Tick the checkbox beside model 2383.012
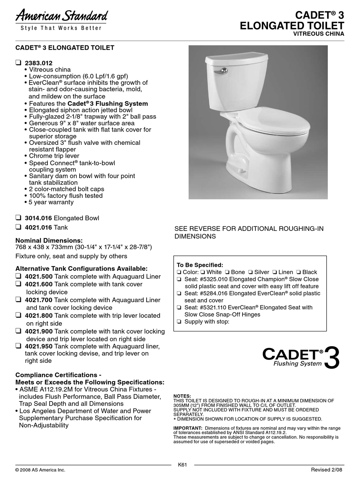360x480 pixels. coord(18,63)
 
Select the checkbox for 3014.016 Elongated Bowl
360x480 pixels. coord(18,218)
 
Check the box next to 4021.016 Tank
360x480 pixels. coord(18,227)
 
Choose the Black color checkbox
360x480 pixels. coord(299,272)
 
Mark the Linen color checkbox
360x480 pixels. coord(274,272)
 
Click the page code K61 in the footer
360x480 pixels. coord(183,465)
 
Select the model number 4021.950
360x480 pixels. coord(39,346)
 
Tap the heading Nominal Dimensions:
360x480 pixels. coord(49,240)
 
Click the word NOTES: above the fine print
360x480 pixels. coord(182,396)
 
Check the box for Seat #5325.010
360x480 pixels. coord(179,279)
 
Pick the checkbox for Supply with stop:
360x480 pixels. coord(179,322)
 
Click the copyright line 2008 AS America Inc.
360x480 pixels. coord(40,470)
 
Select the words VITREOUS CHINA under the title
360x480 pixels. coord(319,34)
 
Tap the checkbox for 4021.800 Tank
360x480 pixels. coord(18,315)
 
